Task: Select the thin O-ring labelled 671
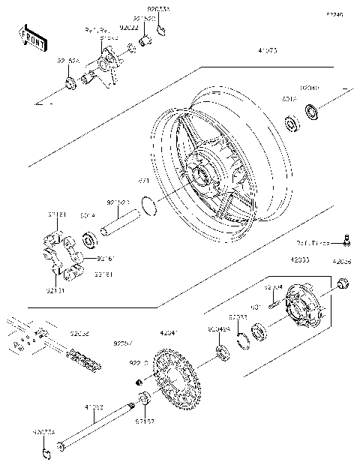[148, 205]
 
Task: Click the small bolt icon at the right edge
[346, 259]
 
